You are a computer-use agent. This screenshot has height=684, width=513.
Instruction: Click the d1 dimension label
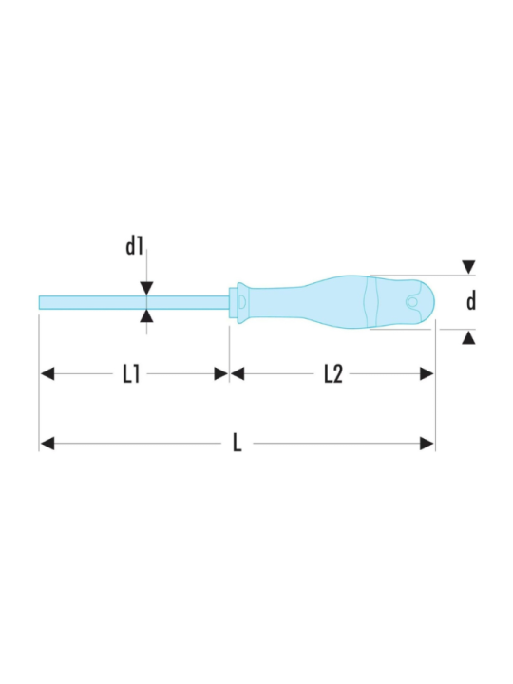pos(134,247)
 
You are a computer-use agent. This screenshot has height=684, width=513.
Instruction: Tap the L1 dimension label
pos(131,374)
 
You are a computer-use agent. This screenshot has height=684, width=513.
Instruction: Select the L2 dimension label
pos(332,374)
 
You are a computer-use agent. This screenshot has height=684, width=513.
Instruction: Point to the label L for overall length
pos(237,444)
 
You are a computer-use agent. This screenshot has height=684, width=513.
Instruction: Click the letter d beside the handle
pos(470,302)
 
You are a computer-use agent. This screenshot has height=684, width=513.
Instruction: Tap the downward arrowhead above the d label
pos(468,267)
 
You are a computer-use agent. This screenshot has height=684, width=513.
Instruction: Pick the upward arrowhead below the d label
pos(468,337)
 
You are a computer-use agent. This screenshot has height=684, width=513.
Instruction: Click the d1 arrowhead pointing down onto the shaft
pos(146,289)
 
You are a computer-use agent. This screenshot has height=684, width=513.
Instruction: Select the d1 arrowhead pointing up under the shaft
pos(146,315)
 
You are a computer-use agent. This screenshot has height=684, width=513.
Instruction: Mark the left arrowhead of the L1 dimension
pos(47,374)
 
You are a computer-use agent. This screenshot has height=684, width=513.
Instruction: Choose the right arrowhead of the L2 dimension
pos(427,374)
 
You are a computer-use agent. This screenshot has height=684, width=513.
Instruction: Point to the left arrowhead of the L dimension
pos(47,444)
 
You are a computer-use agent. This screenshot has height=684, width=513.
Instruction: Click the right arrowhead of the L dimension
pos(427,444)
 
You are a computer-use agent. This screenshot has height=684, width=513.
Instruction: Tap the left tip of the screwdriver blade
pos(41,302)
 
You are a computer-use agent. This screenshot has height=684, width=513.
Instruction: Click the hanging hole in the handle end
pos(412,302)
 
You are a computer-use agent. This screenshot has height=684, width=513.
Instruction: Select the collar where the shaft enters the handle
pos(239,301)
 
